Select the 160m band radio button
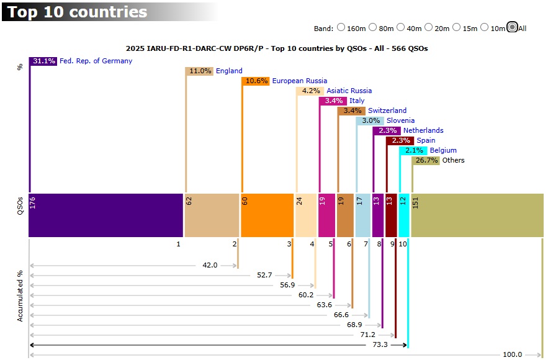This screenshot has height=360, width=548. pos(341,27)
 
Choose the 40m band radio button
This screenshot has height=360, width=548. pos(401,27)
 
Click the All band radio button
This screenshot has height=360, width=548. pos(511,27)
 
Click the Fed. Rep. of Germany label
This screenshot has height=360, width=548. pos(96,61)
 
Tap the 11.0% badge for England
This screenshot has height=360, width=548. pos(200,71)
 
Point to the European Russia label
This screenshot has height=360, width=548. pos(300,81)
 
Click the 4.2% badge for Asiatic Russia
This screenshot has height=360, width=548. pos(310,91)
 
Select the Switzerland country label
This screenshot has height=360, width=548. pos(387,110)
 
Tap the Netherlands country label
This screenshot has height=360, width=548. pos(423,130)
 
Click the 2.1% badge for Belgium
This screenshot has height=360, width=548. pos(414,150)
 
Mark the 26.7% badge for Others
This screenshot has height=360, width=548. pos(426,160)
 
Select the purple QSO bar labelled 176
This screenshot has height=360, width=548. pos(106,215)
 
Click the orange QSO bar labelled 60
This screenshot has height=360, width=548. pos(267,215)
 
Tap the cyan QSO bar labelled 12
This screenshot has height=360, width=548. pos(403,215)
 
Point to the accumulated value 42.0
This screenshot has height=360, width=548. pos(210,265)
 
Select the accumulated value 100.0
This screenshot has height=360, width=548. pos(512,354)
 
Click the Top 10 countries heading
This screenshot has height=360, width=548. pos(77,12)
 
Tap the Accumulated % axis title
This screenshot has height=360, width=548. pos(20,295)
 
